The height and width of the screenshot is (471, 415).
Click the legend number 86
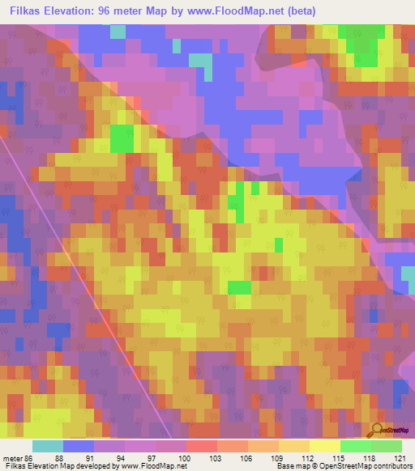[29, 457]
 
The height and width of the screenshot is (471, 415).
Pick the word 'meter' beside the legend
[12, 457]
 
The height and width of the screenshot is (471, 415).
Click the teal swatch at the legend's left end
[48, 446]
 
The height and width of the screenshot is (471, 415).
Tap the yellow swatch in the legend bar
[325, 446]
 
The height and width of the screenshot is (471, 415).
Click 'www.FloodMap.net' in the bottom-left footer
[153, 466]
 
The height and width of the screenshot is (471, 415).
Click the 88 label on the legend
[58, 457]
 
